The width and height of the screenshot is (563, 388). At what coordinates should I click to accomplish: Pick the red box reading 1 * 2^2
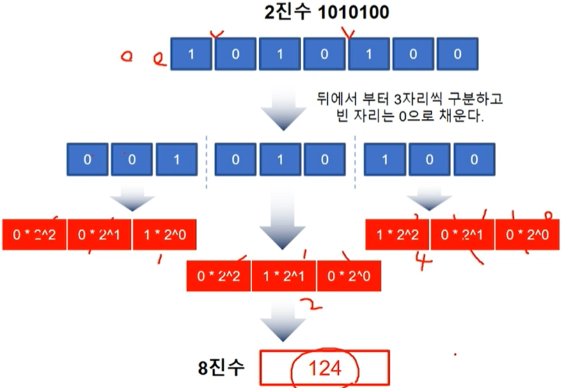[397, 234]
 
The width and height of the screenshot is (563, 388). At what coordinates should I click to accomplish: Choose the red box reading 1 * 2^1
[284, 276]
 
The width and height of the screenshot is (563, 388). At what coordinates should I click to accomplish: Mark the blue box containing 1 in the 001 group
[177, 160]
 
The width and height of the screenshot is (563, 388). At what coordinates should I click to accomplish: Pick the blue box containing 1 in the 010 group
[279, 160]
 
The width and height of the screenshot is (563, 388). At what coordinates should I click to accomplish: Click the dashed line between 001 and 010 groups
[207, 161]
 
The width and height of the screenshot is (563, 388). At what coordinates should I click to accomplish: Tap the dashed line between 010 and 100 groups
[355, 161]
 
